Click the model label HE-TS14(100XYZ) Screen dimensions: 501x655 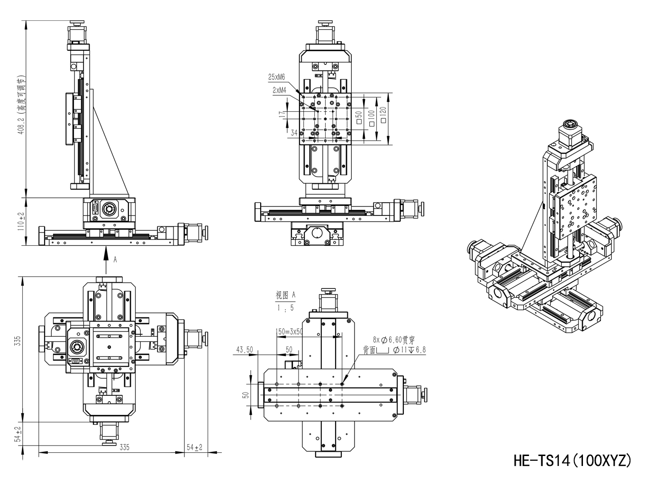(572, 460)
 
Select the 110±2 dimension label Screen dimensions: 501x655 (20, 221)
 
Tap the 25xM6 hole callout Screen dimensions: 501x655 (276, 77)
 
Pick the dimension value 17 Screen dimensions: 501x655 (282, 115)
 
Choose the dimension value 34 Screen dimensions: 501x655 (294, 134)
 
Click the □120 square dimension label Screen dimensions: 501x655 (382, 116)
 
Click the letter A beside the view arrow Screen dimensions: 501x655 (115, 259)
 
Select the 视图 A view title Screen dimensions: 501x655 (285, 295)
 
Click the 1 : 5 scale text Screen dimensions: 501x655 (285, 307)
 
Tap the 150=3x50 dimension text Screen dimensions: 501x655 (289, 331)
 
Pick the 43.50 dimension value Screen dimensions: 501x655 (245, 349)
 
